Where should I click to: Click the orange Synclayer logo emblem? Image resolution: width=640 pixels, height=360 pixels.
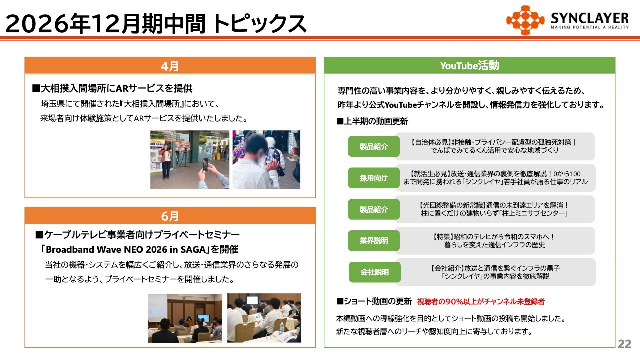(525, 20)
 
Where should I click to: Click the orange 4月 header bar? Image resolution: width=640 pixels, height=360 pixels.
(170, 66)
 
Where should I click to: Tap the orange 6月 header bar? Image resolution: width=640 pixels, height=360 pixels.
(170, 216)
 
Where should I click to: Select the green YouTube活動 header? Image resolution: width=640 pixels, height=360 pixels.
(469, 65)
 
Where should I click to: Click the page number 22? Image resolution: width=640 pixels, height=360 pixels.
(624, 344)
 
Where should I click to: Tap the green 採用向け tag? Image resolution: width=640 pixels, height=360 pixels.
(374, 178)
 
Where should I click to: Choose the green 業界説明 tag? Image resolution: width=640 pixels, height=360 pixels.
(374, 241)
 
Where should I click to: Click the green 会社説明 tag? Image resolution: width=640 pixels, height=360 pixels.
(375, 272)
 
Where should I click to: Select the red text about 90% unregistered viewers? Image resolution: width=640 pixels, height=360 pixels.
(481, 301)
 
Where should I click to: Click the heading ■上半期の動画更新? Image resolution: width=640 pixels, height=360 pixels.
(372, 121)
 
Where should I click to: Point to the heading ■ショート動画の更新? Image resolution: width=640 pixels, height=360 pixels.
(374, 301)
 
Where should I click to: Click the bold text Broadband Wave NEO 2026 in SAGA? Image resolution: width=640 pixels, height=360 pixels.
(126, 250)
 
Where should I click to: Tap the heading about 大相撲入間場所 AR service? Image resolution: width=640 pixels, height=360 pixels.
(112, 89)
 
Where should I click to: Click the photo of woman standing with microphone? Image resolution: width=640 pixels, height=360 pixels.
(190, 159)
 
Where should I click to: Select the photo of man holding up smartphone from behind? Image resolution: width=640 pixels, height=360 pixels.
(266, 159)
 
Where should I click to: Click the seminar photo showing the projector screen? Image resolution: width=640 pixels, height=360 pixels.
(185, 318)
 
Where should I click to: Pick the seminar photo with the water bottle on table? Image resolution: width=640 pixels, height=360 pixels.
(264, 318)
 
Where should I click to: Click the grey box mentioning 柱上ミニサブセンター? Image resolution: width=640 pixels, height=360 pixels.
(495, 209)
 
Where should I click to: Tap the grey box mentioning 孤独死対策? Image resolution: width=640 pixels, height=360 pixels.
(495, 146)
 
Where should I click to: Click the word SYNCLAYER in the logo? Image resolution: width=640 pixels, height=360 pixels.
(589, 18)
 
